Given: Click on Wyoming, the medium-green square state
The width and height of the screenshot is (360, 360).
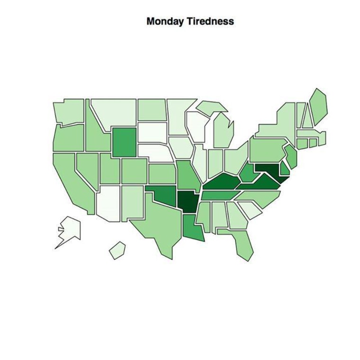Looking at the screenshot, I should point(123,141).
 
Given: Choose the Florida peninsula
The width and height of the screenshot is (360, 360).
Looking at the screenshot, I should point(244,244).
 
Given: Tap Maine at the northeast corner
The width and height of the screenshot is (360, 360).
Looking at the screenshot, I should point(318,104).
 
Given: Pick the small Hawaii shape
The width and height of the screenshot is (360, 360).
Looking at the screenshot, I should point(117,250).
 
